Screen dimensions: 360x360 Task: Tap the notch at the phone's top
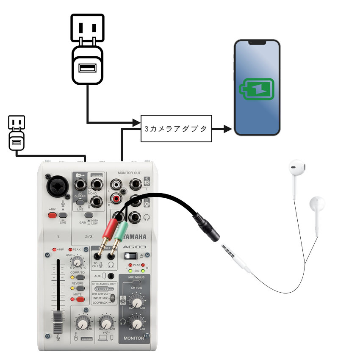click(x=257, y=43)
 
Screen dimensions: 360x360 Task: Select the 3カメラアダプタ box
click(x=176, y=128)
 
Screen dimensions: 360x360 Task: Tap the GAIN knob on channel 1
click(x=77, y=263)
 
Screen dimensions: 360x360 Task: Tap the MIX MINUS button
click(x=136, y=282)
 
